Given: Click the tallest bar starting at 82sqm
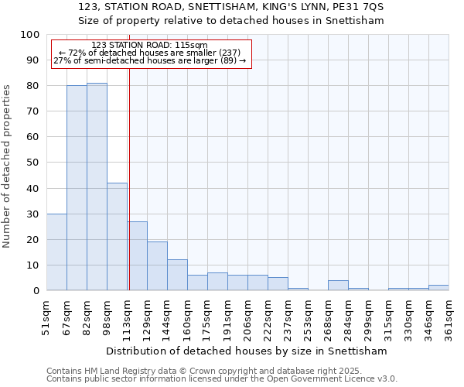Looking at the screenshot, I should pos(97,187).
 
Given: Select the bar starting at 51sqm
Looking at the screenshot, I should pos(56,252).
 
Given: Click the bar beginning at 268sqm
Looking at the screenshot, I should pos(338,285).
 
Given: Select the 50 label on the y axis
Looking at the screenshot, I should pos(33,163).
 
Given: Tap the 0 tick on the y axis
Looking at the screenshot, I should pos(36,290).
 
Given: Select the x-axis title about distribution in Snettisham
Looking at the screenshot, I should pos(247,351).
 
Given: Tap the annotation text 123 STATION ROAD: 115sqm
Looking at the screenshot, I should pos(149,45).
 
